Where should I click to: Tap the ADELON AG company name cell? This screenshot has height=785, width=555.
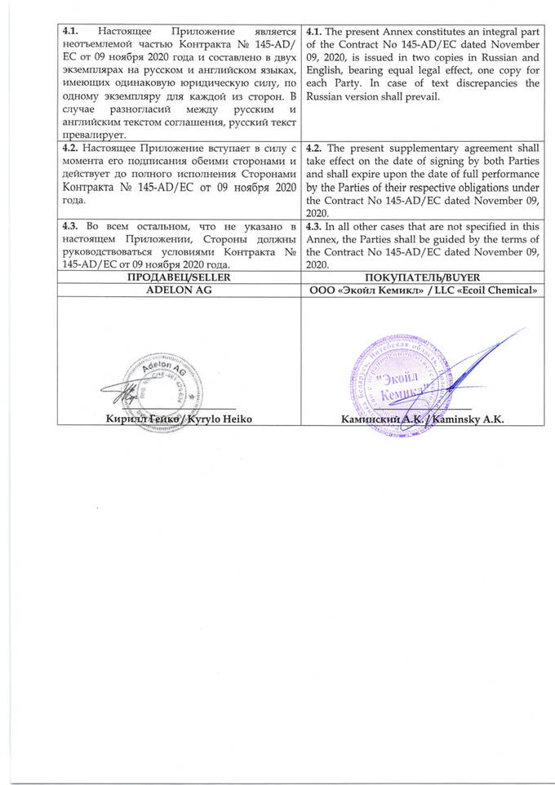pyautogui.click(x=180, y=290)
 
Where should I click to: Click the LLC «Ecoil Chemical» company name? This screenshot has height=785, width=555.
pyautogui.click(x=466, y=290)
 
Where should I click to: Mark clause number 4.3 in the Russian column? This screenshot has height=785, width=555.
pyautogui.click(x=73, y=226)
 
